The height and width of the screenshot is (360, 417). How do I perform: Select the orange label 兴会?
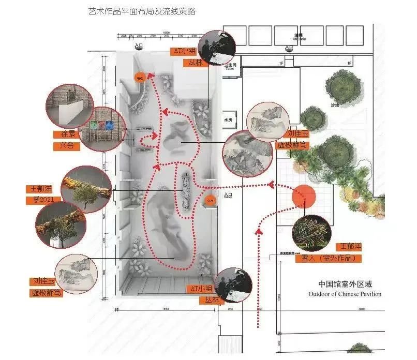coord(64,146)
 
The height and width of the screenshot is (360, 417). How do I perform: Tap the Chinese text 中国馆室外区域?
coord(346,284)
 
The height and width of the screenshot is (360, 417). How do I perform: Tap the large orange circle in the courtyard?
coord(304,196)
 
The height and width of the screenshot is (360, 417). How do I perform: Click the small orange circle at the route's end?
coord(139,78)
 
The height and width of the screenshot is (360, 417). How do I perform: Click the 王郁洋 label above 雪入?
coord(348,246)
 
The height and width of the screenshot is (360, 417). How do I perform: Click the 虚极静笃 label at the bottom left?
coord(46,293)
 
